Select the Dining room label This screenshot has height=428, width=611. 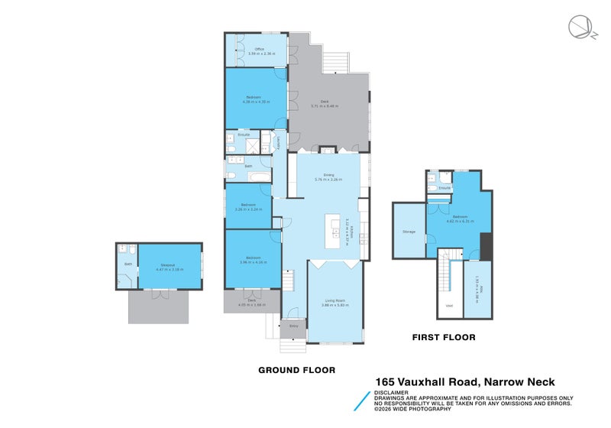(x=329, y=177)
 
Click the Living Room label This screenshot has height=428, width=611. (x=335, y=302)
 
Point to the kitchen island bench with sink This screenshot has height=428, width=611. (x=333, y=230)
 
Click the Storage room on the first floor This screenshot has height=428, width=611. (x=409, y=231)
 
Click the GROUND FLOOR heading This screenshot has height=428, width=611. (x=296, y=370)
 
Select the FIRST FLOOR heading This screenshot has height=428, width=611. (x=444, y=337)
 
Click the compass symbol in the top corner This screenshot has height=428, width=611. (x=578, y=27)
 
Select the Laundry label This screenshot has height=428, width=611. (x=278, y=141)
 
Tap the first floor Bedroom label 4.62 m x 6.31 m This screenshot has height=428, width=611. (x=460, y=219)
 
